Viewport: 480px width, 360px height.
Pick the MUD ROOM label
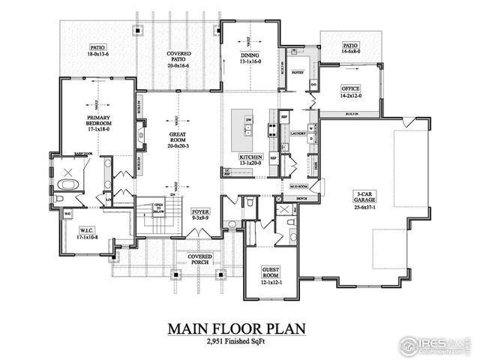point(298,185)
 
